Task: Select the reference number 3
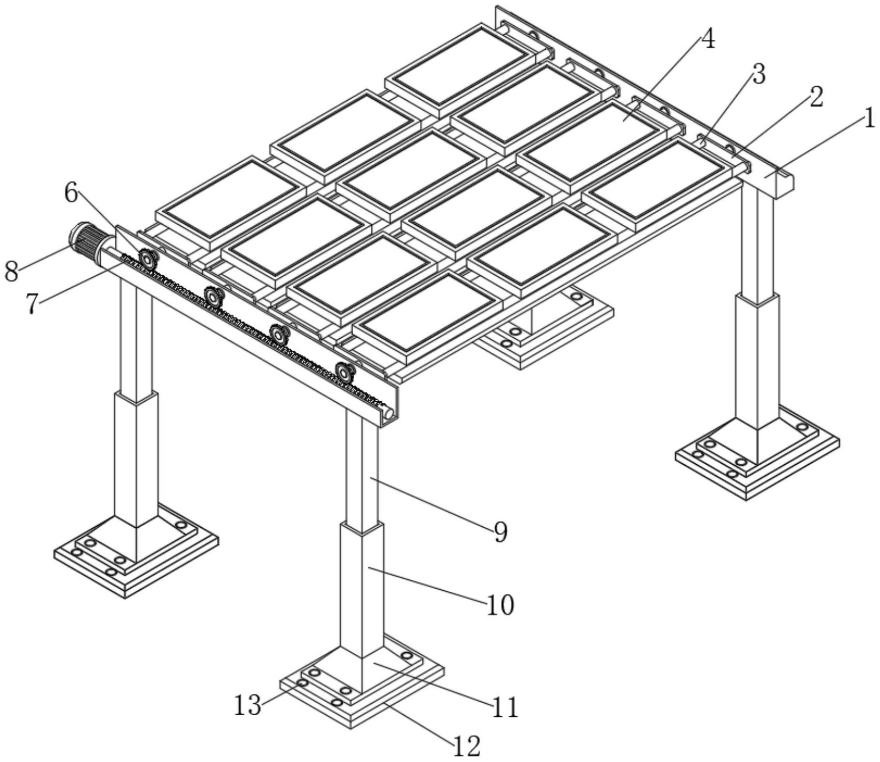(x=758, y=75)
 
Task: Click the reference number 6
(x=71, y=193)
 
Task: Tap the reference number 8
(x=11, y=273)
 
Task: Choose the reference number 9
(x=501, y=533)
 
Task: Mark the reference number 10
(x=501, y=606)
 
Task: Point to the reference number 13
(x=247, y=705)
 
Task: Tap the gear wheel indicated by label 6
(x=148, y=259)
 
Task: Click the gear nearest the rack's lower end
(x=344, y=372)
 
